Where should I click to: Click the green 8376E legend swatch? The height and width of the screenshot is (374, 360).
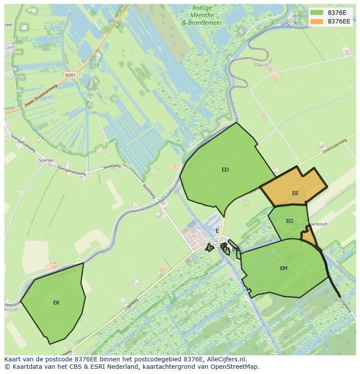pyautogui.click(x=317, y=13)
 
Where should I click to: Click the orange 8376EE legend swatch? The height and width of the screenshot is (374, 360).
pyautogui.click(x=317, y=21)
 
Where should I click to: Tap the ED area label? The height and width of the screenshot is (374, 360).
pyautogui.click(x=225, y=170)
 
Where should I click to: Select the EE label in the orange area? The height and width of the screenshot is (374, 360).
pyautogui.click(x=295, y=193)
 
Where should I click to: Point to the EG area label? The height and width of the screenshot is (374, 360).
pyautogui.click(x=290, y=221)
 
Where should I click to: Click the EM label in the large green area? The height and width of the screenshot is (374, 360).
pyautogui.click(x=283, y=268)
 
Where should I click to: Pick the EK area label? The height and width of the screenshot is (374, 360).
pyautogui.click(x=56, y=303)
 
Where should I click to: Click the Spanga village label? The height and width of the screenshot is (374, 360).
pyautogui.click(x=46, y=160)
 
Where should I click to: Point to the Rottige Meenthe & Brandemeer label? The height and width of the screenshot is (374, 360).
pyautogui.click(x=202, y=15)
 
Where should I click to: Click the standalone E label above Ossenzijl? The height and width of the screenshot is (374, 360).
pyautogui.click(x=217, y=231)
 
